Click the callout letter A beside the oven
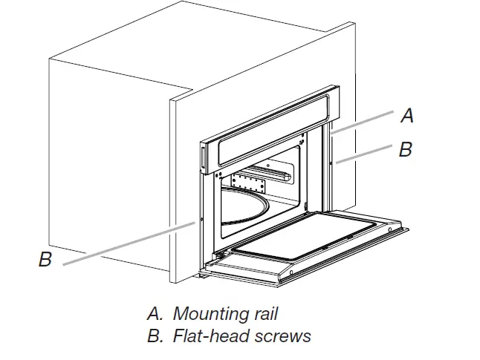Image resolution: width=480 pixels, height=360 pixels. tap(406, 116)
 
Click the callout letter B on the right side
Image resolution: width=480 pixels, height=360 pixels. tap(405, 149)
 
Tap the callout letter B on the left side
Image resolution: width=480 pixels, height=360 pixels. tap(45, 261)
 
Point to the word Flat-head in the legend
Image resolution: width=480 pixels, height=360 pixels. tap(205, 336)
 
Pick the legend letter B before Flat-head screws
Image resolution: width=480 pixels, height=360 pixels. tap(153, 336)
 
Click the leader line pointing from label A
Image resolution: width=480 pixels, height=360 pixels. tap(364, 122)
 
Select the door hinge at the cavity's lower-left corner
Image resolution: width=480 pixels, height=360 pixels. tap(219, 255)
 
